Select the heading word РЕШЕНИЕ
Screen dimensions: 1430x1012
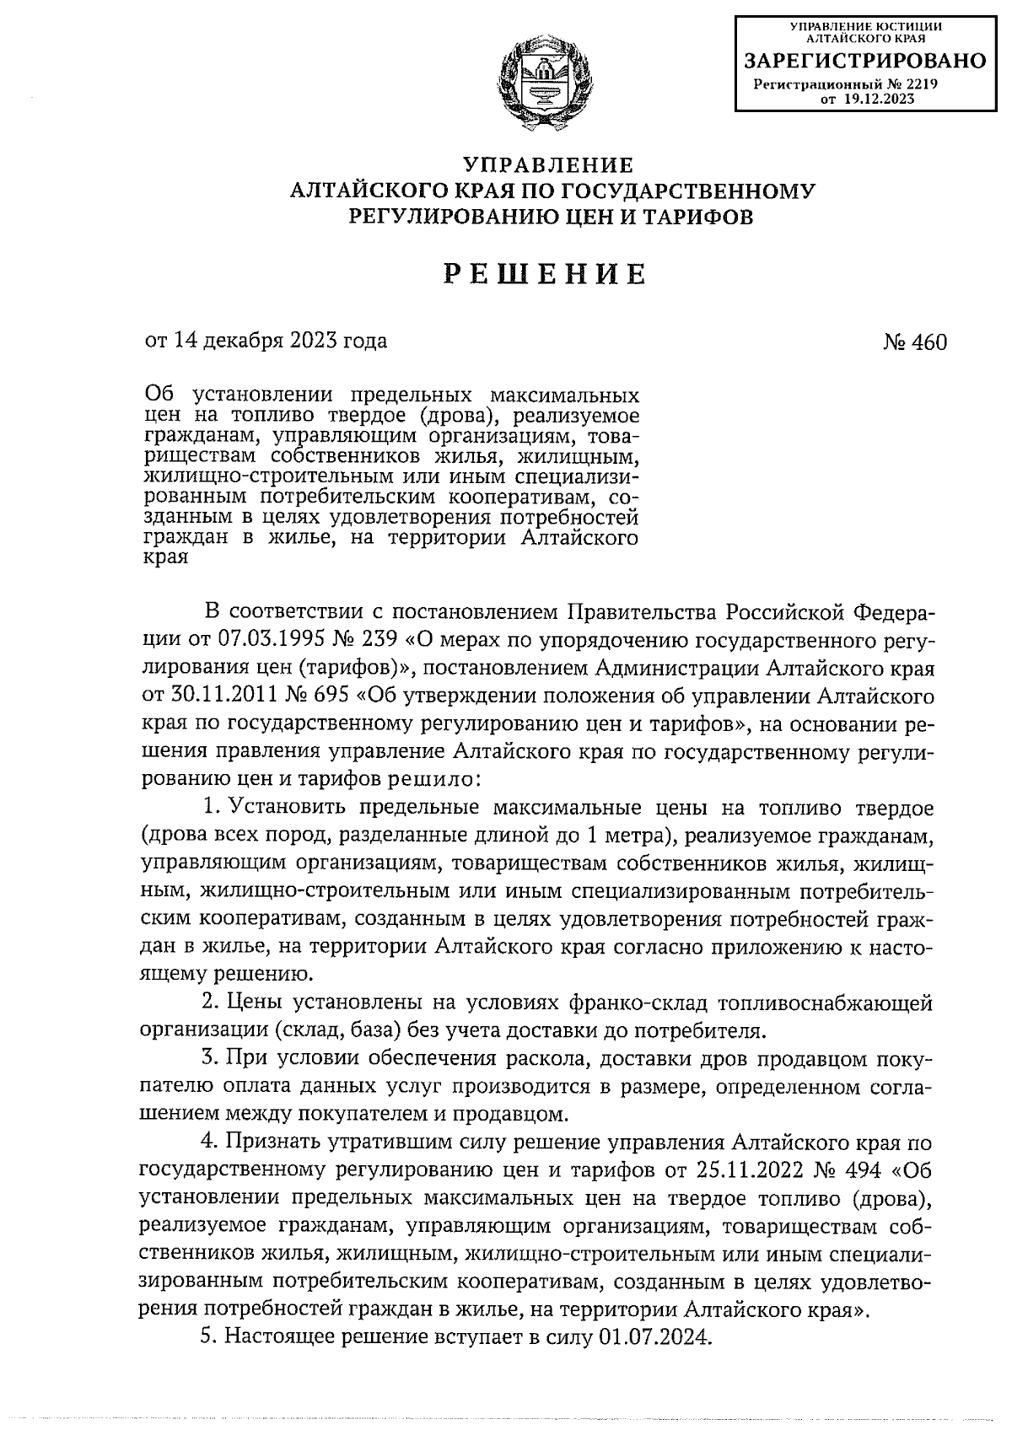click(x=545, y=275)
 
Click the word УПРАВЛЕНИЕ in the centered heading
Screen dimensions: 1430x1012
click(x=550, y=164)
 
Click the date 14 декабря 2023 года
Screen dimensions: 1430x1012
click(x=280, y=341)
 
